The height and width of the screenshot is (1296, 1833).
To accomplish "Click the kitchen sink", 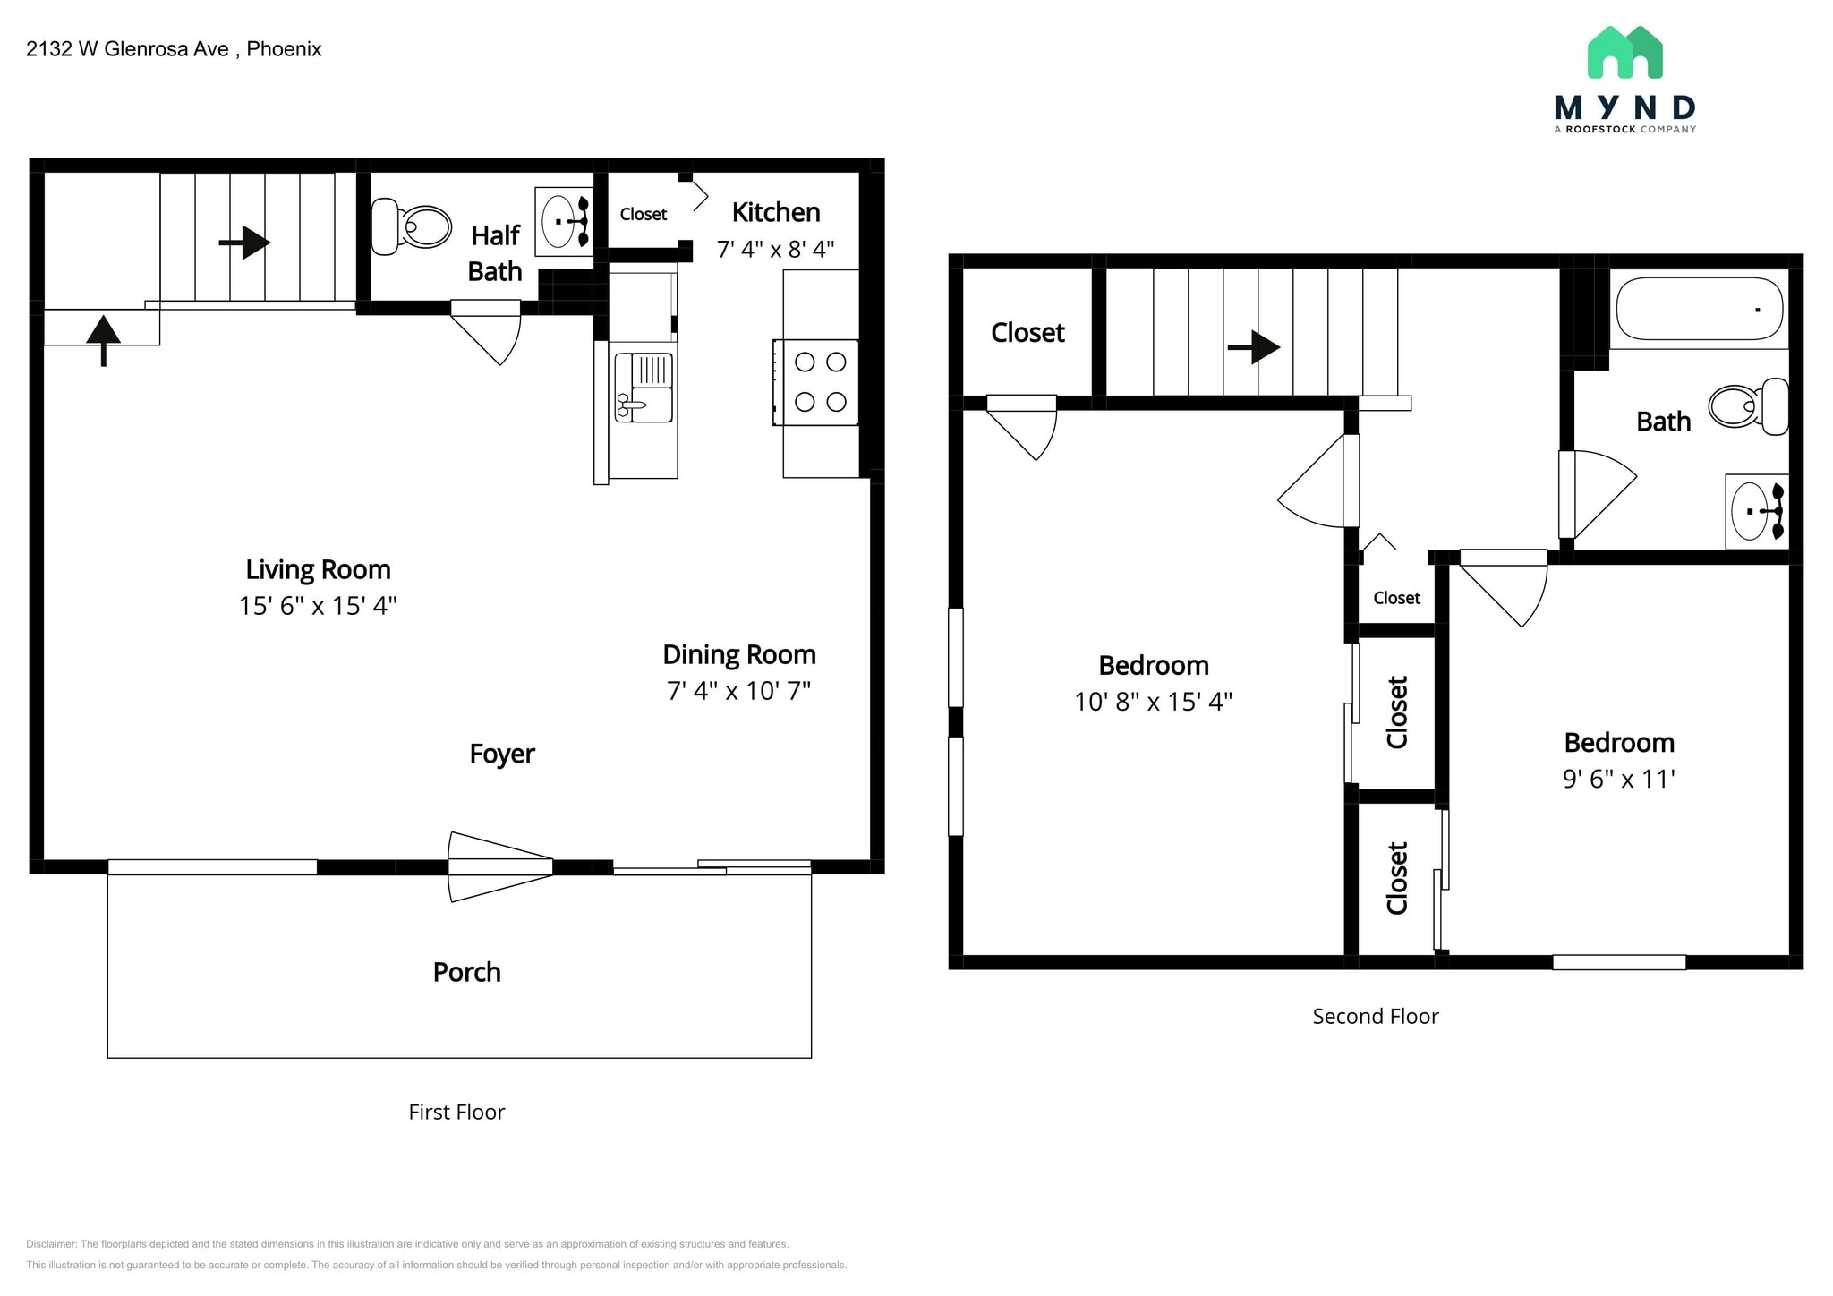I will tap(644, 388).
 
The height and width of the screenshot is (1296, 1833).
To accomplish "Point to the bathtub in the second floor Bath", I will tap(1698, 309).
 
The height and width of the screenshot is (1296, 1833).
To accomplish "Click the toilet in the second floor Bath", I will tap(1748, 406).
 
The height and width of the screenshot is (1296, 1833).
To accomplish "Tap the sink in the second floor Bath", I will tap(1755, 511).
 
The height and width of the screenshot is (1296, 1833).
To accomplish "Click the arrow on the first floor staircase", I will tap(245, 242).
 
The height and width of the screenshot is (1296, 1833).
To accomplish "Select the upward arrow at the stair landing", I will tap(104, 339).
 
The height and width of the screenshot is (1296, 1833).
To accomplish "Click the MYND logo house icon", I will tap(1624, 53).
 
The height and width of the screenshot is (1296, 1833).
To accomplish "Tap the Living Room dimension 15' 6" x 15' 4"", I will tap(318, 606).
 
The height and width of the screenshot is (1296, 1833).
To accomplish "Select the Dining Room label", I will tap(739, 654).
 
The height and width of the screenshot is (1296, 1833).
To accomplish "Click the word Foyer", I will tap(501, 754).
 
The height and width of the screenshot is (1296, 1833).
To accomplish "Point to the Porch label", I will tap(466, 972).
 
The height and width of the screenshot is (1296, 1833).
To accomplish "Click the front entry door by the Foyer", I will tap(499, 866).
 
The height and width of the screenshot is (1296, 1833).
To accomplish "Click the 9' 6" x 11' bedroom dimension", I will tap(1618, 779).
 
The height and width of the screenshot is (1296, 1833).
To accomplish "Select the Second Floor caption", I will tap(1375, 1016).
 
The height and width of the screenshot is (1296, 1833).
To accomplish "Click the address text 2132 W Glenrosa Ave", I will tap(128, 49).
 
